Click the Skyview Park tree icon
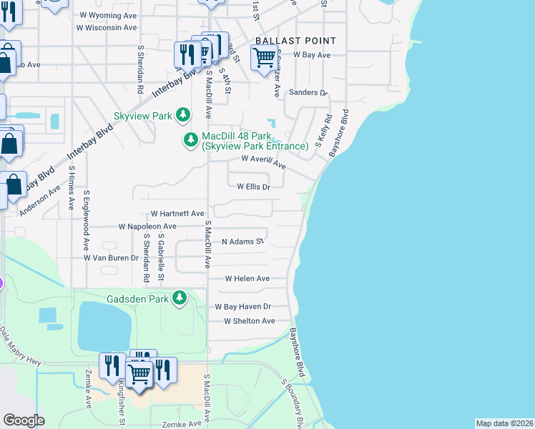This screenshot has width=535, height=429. [184, 115]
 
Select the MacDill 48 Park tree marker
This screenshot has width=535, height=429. [191, 140]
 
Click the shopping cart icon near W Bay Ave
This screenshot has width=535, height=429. [264, 56]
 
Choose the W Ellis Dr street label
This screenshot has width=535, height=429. [253, 187]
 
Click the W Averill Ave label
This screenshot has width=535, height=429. [263, 162]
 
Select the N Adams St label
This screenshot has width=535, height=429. [243, 242]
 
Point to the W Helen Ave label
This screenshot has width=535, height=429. [247, 278]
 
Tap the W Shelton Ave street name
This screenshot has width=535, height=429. [249, 321]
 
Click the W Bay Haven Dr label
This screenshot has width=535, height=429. [244, 306]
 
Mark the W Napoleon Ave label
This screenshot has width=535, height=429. [147, 226]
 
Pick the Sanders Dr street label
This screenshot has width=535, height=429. [308, 93]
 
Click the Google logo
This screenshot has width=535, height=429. [24, 420]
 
